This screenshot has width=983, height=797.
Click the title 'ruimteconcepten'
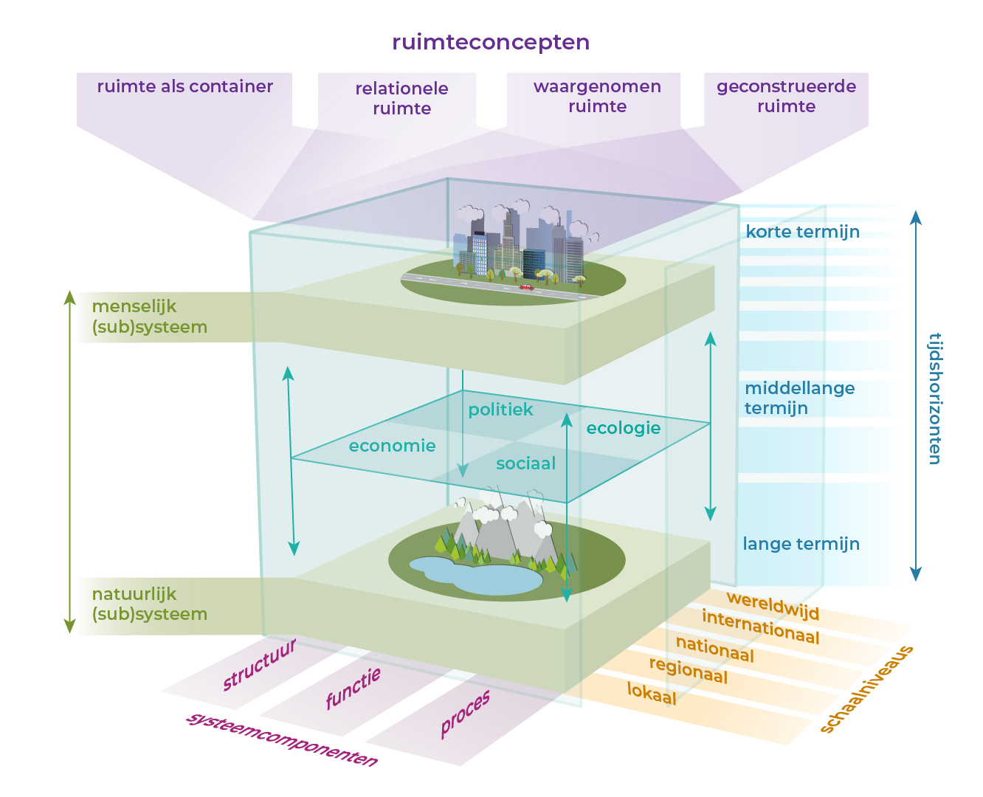tap(491, 42)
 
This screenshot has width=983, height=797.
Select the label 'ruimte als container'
tap(184, 86)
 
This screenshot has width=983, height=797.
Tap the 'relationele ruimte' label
tap(401, 98)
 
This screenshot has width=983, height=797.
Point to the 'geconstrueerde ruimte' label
tap(786, 96)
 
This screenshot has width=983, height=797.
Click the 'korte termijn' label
tap(802, 232)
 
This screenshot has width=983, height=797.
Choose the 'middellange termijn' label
tap(799, 398)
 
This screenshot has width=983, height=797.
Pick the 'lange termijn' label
tap(801, 544)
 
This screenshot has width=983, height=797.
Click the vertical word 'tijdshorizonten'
tap(935, 398)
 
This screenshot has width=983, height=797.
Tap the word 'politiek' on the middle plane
tap(500, 410)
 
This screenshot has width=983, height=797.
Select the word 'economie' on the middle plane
tap(392, 446)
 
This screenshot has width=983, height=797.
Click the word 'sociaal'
tap(525, 463)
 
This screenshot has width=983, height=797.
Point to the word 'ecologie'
tap(623, 428)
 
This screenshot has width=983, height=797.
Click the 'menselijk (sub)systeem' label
tap(149, 317)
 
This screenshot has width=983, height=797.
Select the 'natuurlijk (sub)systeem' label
tap(149, 604)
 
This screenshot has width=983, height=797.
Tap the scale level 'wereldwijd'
tap(773, 605)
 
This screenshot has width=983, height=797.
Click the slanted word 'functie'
tap(353, 688)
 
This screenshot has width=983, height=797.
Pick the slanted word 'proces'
tap(465, 714)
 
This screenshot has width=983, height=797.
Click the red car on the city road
tap(526, 286)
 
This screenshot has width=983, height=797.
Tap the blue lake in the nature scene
tap(480, 575)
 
